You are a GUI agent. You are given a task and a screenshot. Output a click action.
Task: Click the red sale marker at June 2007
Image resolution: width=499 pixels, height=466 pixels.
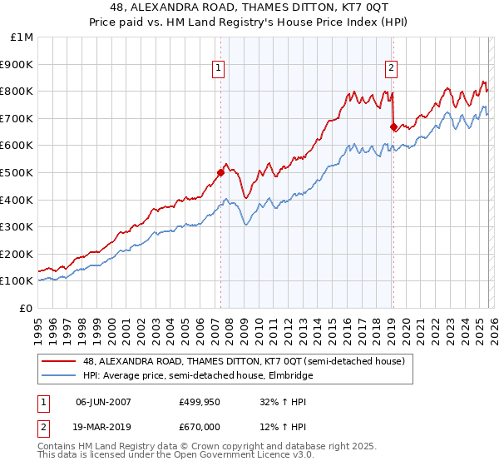(220, 173)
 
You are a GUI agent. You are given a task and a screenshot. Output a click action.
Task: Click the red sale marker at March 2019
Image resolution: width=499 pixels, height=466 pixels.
(393, 126)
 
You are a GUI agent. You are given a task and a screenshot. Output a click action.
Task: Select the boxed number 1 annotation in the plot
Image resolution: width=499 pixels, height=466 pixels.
(218, 69)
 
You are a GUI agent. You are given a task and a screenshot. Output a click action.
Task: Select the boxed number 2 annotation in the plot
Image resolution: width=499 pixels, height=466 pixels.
(391, 69)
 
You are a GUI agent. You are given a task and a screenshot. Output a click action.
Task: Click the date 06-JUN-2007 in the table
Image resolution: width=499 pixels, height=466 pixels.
(103, 401)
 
